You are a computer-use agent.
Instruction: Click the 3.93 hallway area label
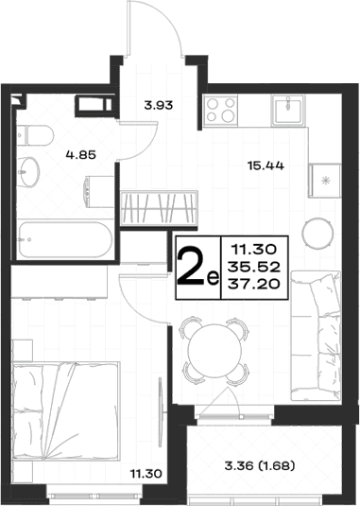pyautogui.click(x=159, y=105)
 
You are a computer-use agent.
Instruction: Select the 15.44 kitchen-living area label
pyautogui.click(x=266, y=166)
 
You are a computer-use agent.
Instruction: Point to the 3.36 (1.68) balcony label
pyautogui.click(x=260, y=466)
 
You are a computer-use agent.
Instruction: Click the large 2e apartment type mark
pyautogui.click(x=197, y=269)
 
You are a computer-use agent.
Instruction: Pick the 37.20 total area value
pyautogui.click(x=253, y=285)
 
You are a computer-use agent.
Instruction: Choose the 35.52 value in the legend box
pyautogui.click(x=253, y=267)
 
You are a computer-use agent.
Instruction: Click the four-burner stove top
pyautogui.click(x=221, y=110)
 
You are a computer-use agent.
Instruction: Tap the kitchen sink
pyautogui.click(x=288, y=110)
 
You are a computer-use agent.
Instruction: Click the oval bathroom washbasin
pyautogui.click(x=28, y=172)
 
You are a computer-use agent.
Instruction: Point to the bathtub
pyautogui.click(x=64, y=239)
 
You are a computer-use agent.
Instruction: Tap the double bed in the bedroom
pyautogui.click(x=66, y=410)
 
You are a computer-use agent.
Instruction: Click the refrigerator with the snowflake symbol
pyautogui.click(x=324, y=181)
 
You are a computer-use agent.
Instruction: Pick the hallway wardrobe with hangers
pyautogui.click(x=159, y=208)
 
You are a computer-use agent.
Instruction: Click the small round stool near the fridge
pyautogui.click(x=317, y=233)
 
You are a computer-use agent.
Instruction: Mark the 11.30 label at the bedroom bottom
pyautogui.click(x=146, y=474)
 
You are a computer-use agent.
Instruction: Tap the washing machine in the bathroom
pyautogui.click(x=99, y=192)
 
